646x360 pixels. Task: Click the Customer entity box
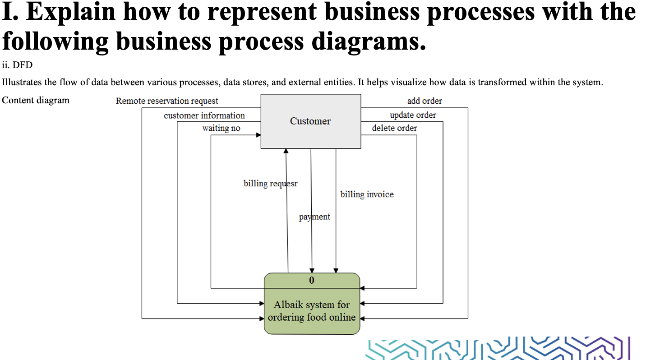pos(310,121)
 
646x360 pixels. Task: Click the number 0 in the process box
pos(312,280)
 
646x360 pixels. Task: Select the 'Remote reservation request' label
pos(167,101)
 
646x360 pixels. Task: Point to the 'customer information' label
pos(204,115)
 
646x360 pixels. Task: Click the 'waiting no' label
pos(221,128)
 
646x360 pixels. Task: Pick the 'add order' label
pos(425,101)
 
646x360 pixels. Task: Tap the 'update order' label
pos(413,115)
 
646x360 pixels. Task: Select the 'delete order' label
pos(394,128)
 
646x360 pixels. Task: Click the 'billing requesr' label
pos(270,184)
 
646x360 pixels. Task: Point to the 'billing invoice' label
pos(367,194)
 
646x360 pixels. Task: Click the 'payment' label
pos(314,217)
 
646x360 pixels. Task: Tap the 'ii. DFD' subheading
pos(17,65)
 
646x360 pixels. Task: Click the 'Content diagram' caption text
pos(36,100)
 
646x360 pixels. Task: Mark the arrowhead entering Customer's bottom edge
pos(286,152)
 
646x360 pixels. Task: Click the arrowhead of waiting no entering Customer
pos(258,134)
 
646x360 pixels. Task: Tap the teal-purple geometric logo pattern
pos(498,348)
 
